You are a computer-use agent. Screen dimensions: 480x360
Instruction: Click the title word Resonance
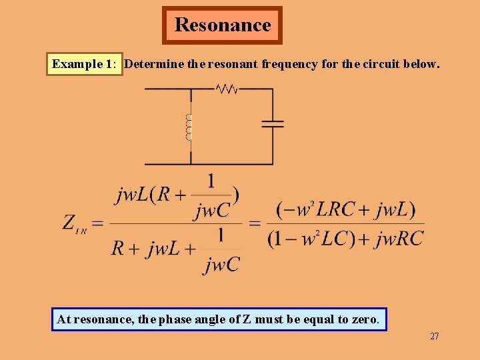pyautogui.click(x=223, y=25)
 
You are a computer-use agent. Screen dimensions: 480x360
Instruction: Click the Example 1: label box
pyautogui.click(x=85, y=65)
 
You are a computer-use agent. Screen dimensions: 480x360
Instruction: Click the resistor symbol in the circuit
pyautogui.click(x=226, y=89)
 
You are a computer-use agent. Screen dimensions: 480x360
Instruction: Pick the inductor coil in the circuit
pyautogui.click(x=189, y=127)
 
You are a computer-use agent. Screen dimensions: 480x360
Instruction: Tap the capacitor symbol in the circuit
pyautogui.click(x=273, y=123)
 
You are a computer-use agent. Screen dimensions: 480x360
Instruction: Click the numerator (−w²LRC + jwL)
pyautogui.click(x=345, y=210)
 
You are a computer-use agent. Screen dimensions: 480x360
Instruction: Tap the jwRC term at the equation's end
pyautogui.click(x=399, y=239)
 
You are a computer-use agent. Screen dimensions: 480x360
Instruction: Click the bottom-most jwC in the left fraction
pyautogui.click(x=222, y=265)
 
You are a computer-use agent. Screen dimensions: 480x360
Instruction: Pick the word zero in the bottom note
pyautogui.click(x=364, y=319)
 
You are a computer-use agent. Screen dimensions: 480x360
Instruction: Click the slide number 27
pyautogui.click(x=435, y=336)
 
